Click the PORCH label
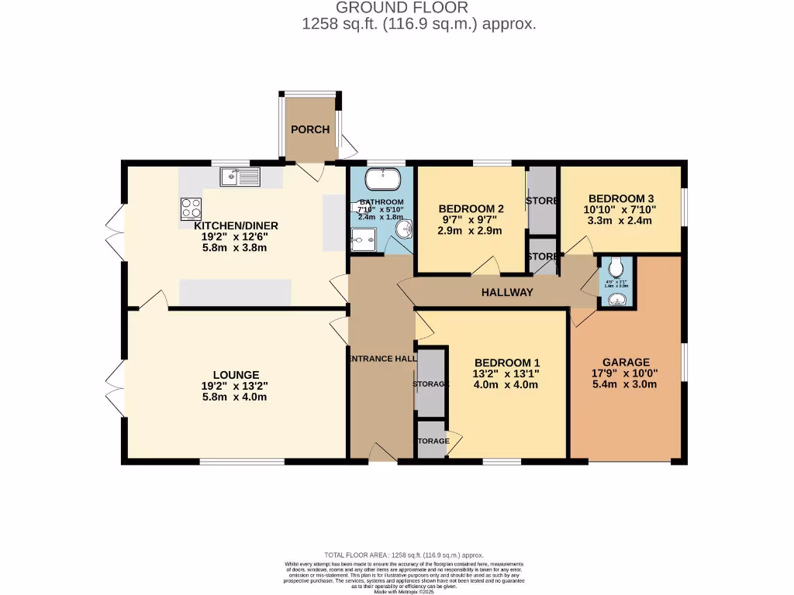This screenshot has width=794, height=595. point(310,129)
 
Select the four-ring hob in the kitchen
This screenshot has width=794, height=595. point(192,208)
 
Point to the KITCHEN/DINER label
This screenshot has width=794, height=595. point(236,225)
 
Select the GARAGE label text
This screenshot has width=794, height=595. point(626,362)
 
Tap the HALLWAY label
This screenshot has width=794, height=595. point(507,292)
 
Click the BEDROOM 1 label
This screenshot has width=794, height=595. point(507,363)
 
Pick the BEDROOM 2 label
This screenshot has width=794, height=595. point(471,208)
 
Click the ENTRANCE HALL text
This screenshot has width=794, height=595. point(381,358)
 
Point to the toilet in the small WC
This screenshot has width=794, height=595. point(617,267)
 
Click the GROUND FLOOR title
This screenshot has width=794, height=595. point(402,8)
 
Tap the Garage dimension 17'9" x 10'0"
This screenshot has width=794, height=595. point(626,373)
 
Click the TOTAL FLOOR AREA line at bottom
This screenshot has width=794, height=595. point(403,555)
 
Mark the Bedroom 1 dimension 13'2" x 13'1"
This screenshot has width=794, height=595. point(507,373)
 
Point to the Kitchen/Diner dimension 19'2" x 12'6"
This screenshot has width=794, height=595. point(236,237)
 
